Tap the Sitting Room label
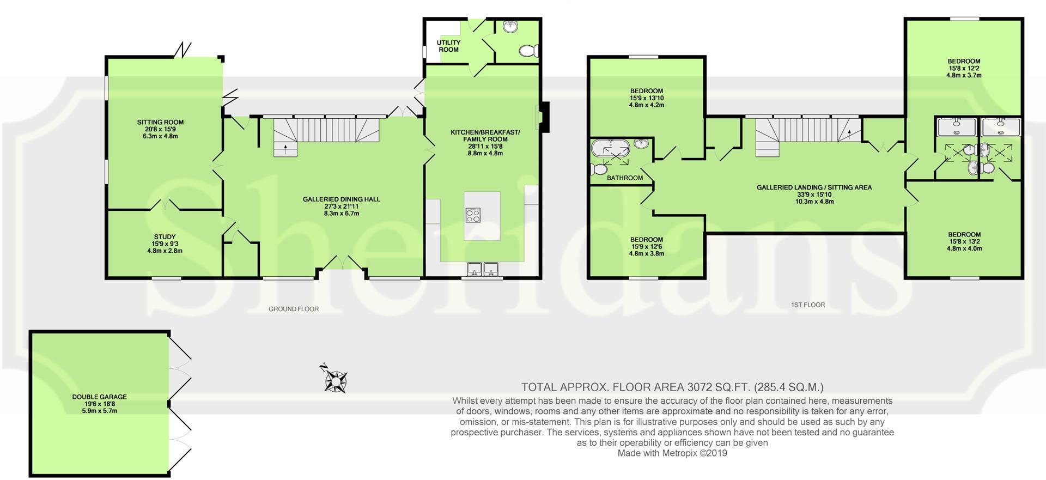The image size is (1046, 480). pyautogui.click(x=160, y=129)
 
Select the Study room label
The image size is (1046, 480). pyautogui.click(x=164, y=244)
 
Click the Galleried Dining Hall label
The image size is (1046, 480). pyautogui.click(x=341, y=206)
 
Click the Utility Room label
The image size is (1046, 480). pyautogui.click(x=448, y=46)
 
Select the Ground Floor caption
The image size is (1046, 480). pyautogui.click(x=293, y=309)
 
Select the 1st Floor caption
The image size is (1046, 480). pyautogui.click(x=807, y=305)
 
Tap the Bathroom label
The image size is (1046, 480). pyautogui.click(x=624, y=178)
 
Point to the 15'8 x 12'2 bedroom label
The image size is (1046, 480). pyautogui.click(x=963, y=68)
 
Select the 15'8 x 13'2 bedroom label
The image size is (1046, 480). pyautogui.click(x=964, y=241)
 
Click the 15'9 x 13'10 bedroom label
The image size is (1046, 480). pyautogui.click(x=646, y=98)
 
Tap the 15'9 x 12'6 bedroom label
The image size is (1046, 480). pyautogui.click(x=646, y=246)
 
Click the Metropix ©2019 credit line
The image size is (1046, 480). pyautogui.click(x=672, y=453)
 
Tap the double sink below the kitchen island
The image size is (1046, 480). pyautogui.click(x=483, y=269)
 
